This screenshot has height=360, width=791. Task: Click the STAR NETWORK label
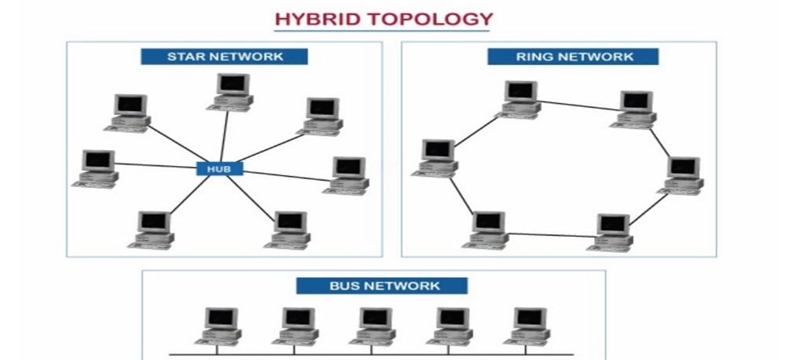click(225, 57)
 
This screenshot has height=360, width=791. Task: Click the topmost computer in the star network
click(232, 91)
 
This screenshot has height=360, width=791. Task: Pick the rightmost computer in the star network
click(348, 174)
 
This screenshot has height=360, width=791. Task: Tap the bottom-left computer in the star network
click(153, 228)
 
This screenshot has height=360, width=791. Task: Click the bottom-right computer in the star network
click(287, 229)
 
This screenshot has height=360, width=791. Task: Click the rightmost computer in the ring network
click(681, 174)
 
